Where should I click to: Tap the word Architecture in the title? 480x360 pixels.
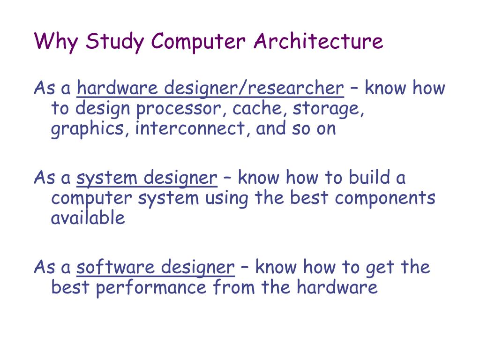318,42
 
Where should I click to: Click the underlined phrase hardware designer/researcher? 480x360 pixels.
210,88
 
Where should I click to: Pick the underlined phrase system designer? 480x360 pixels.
147,178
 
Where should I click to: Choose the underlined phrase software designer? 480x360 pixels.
155,267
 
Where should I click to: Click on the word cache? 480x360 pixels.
260,109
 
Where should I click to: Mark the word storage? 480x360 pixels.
329,109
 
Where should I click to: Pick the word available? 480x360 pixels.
88,218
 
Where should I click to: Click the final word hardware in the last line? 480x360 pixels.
337,287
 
